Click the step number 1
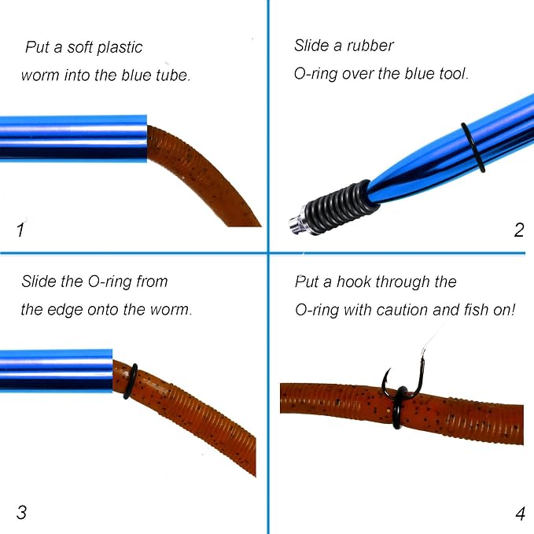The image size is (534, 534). click(20, 230)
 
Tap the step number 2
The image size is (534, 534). click(519, 230)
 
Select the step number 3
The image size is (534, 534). click(21, 512)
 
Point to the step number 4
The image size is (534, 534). click(520, 514)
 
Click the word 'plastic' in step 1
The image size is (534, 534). click(120, 48)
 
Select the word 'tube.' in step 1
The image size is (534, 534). click(173, 75)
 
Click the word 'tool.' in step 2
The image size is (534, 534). click(453, 74)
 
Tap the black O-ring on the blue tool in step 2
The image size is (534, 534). click(473, 148)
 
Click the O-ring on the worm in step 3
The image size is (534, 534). click(130, 381)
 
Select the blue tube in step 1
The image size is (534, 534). click(73, 138)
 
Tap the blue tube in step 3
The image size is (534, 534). click(56, 370)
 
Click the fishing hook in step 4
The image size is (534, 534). click(404, 378)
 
